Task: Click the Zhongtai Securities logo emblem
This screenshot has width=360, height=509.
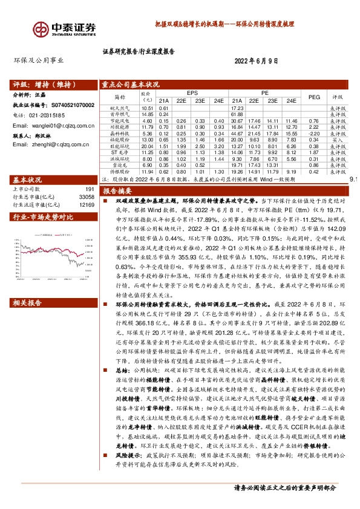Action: (42, 28)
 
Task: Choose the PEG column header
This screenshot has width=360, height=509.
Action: (314, 97)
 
